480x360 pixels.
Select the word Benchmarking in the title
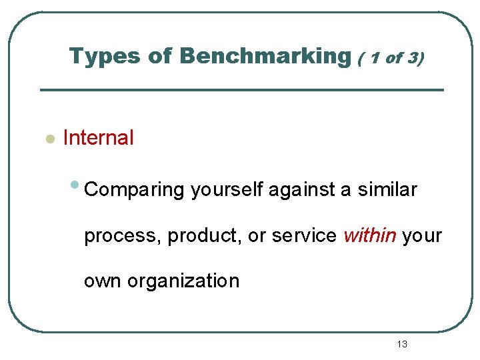tap(265, 57)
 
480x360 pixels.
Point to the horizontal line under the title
tap(241, 90)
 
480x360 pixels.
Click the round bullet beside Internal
tap(48, 139)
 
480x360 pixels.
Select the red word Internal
tap(98, 138)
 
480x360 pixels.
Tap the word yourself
tap(228, 189)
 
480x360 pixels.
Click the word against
tap(303, 189)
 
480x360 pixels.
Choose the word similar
tap(387, 189)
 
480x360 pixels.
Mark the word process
tap(123, 236)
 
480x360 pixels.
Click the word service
tap(305, 235)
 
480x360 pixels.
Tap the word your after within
tap(423, 236)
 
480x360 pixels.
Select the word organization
tap(183, 281)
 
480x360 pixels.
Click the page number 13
tap(401, 344)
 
